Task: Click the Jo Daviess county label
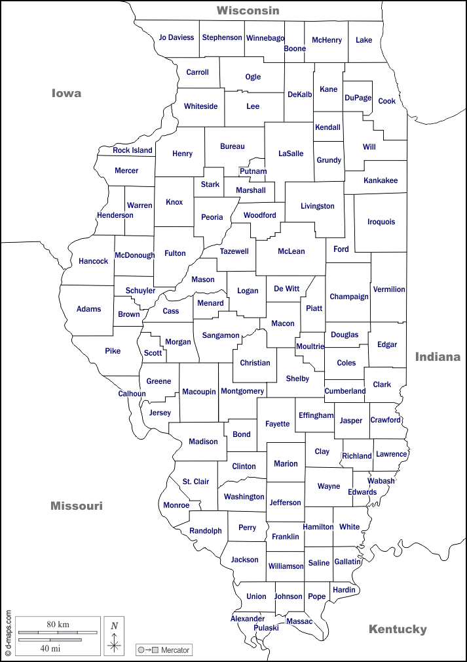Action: pyautogui.click(x=176, y=37)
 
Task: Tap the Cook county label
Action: pyautogui.click(x=387, y=101)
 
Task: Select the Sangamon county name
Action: pyautogui.click(x=221, y=335)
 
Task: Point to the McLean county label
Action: pyautogui.click(x=291, y=251)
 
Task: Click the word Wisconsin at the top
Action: pyautogui.click(x=248, y=10)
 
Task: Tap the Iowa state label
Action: pyautogui.click(x=67, y=93)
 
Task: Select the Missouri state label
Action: pyautogui.click(x=77, y=506)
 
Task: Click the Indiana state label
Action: pyautogui.click(x=438, y=357)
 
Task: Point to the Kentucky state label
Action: pyautogui.click(x=398, y=629)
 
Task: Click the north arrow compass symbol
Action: pyautogui.click(x=114, y=636)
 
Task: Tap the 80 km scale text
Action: pyautogui.click(x=58, y=624)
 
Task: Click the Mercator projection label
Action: pyautogui.click(x=174, y=650)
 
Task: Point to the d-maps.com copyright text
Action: pyautogui.click(x=9, y=633)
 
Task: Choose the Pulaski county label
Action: pyautogui.click(x=266, y=628)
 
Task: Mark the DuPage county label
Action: pyautogui.click(x=358, y=98)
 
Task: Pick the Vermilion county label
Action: pyautogui.click(x=389, y=289)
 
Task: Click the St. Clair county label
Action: pyautogui.click(x=196, y=482)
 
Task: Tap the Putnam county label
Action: pyautogui.click(x=253, y=171)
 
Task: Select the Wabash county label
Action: pyautogui.click(x=381, y=481)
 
